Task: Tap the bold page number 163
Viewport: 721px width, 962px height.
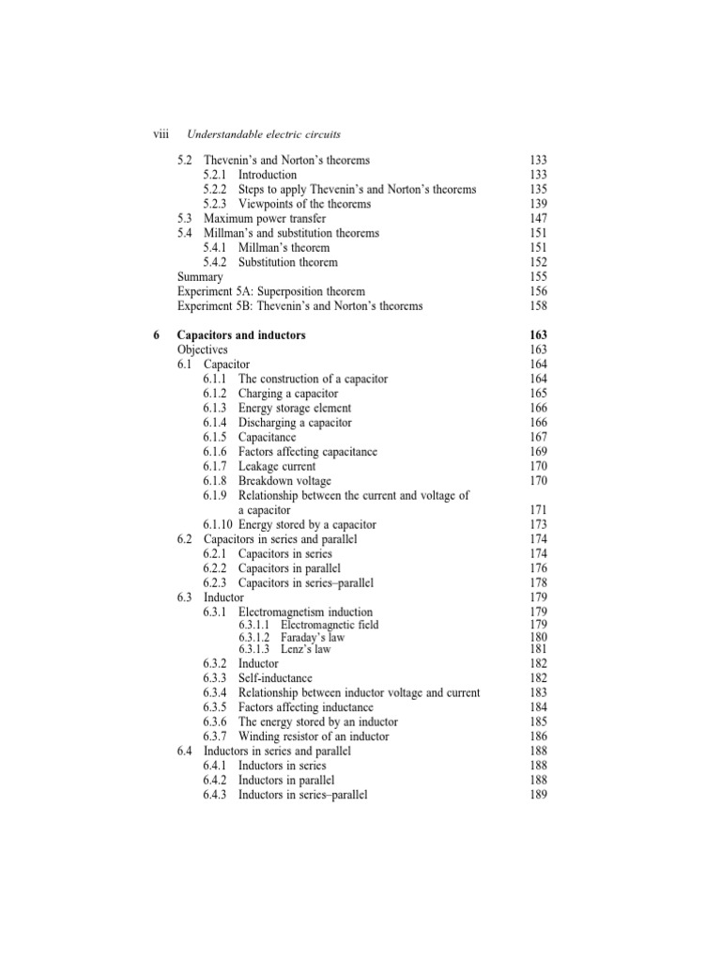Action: pos(538,335)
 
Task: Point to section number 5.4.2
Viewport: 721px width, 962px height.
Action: pos(216,262)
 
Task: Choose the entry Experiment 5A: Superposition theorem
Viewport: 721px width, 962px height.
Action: pos(271,291)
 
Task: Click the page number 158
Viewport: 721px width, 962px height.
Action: pos(539,305)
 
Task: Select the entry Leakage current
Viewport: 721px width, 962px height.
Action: pos(277,466)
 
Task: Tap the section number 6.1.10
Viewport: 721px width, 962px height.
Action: pos(218,524)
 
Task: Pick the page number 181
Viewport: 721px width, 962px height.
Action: pos(539,649)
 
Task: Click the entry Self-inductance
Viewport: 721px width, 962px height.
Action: pos(275,678)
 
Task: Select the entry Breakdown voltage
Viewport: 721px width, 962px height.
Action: pos(284,481)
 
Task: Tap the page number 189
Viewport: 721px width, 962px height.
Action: pos(539,795)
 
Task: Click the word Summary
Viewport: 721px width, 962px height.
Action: pos(200,277)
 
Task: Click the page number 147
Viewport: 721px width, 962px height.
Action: pos(539,218)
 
